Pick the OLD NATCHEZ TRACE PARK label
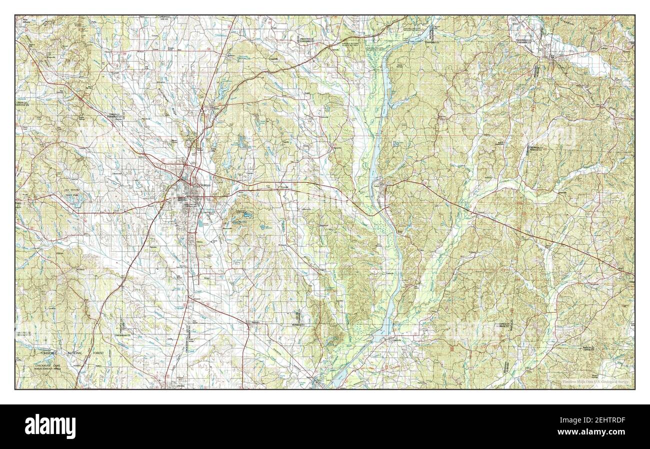point(74,195)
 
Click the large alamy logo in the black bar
point(51,426)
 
